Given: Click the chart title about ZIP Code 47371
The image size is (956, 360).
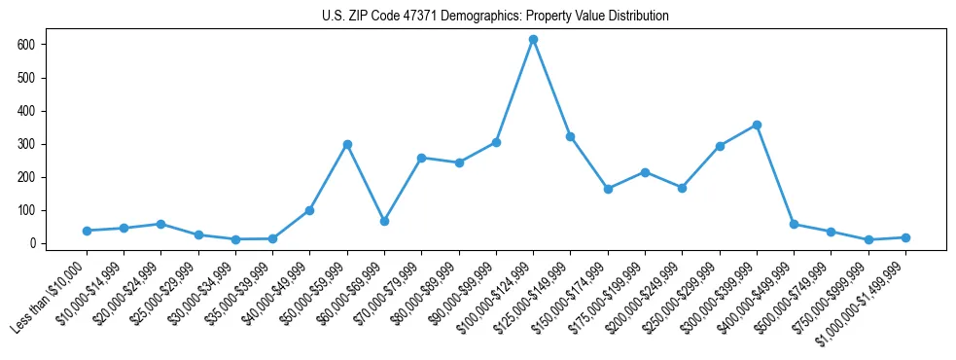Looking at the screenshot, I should (495, 17).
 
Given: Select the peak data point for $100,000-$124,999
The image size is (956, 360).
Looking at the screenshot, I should (533, 40).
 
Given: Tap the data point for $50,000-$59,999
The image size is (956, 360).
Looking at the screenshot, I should (347, 144).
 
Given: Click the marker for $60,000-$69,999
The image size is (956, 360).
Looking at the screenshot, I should (384, 221).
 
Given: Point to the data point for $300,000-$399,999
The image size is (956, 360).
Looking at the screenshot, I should (757, 126).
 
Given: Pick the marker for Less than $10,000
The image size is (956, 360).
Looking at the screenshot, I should (87, 231).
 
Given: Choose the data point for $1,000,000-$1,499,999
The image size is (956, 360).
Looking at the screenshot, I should (905, 237).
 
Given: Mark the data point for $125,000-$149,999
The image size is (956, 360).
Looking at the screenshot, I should (570, 136).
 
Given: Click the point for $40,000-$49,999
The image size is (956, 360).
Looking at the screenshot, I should (309, 210).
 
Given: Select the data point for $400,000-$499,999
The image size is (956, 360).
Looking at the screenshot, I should (794, 224).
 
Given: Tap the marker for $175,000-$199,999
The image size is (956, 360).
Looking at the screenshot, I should (645, 172).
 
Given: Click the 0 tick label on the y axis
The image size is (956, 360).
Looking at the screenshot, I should (32, 243).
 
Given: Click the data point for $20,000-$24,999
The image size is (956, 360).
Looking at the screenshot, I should (160, 224).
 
